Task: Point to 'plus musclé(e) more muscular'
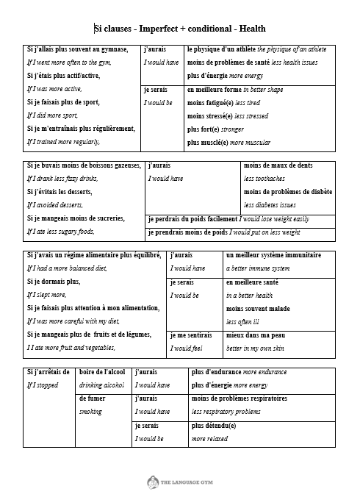[x=228, y=143]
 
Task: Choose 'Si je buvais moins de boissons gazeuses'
[x=83, y=165]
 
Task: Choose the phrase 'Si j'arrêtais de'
[x=48, y=371]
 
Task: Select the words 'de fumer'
[x=92, y=398]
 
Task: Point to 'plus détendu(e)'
[x=214, y=425]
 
